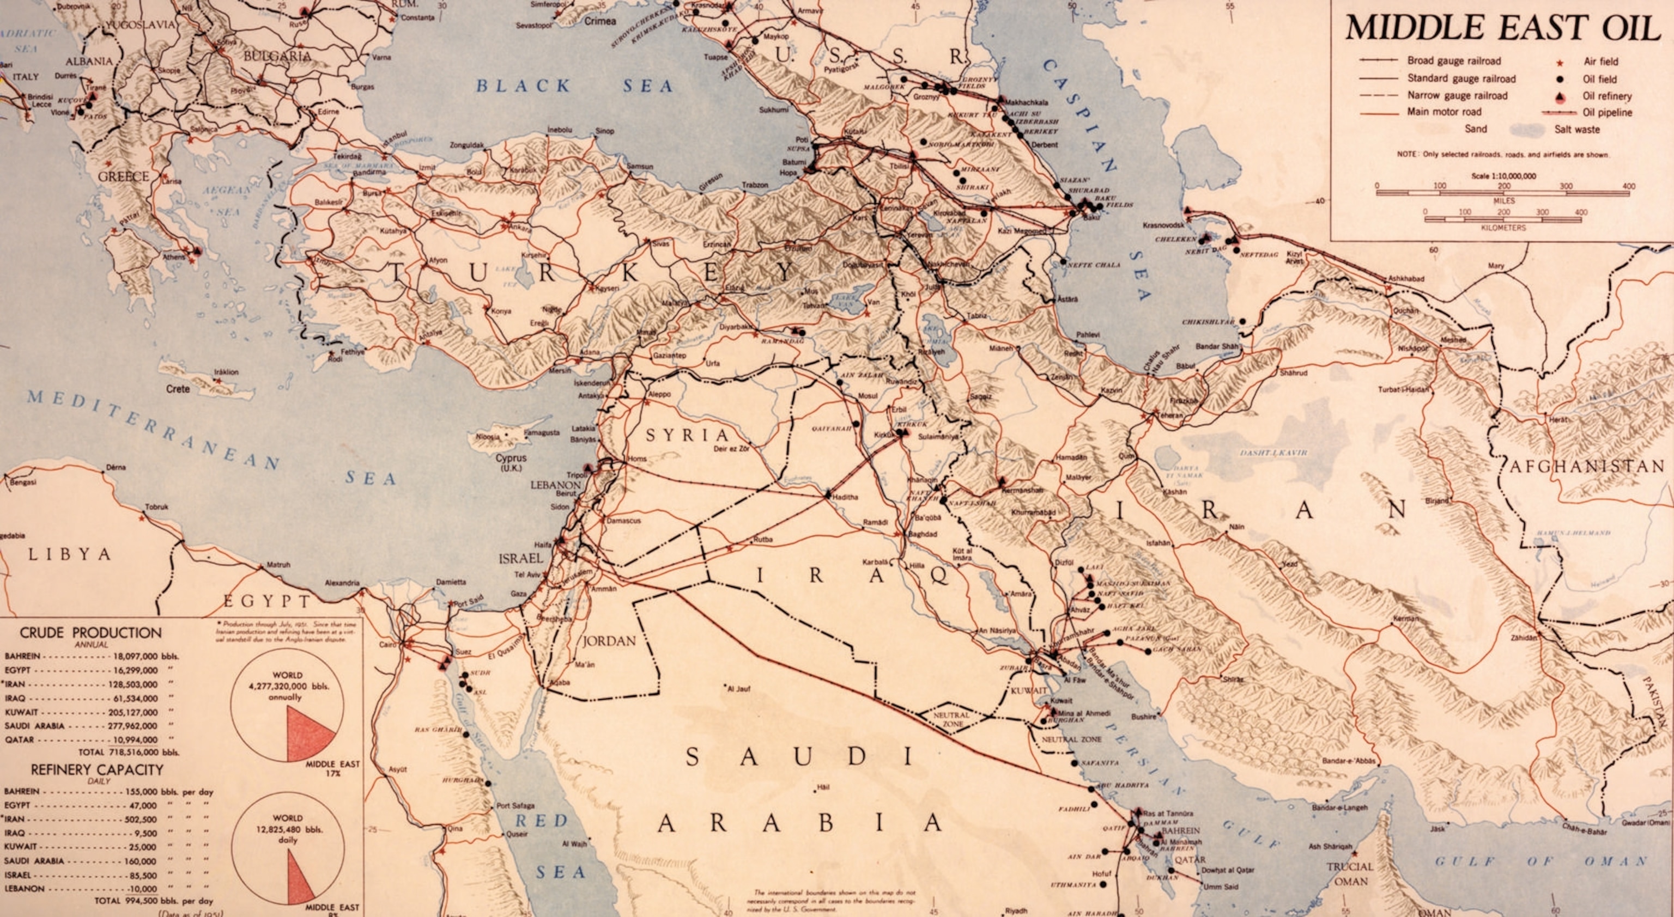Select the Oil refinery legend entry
[x=1606, y=96]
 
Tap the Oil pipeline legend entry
[x=1606, y=112]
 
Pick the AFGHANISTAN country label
[x=1586, y=466]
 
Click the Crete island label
[x=178, y=389]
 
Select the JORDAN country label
[x=609, y=641]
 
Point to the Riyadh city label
[x=1016, y=910]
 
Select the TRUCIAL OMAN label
[x=1350, y=873]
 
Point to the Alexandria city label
[x=342, y=583]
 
